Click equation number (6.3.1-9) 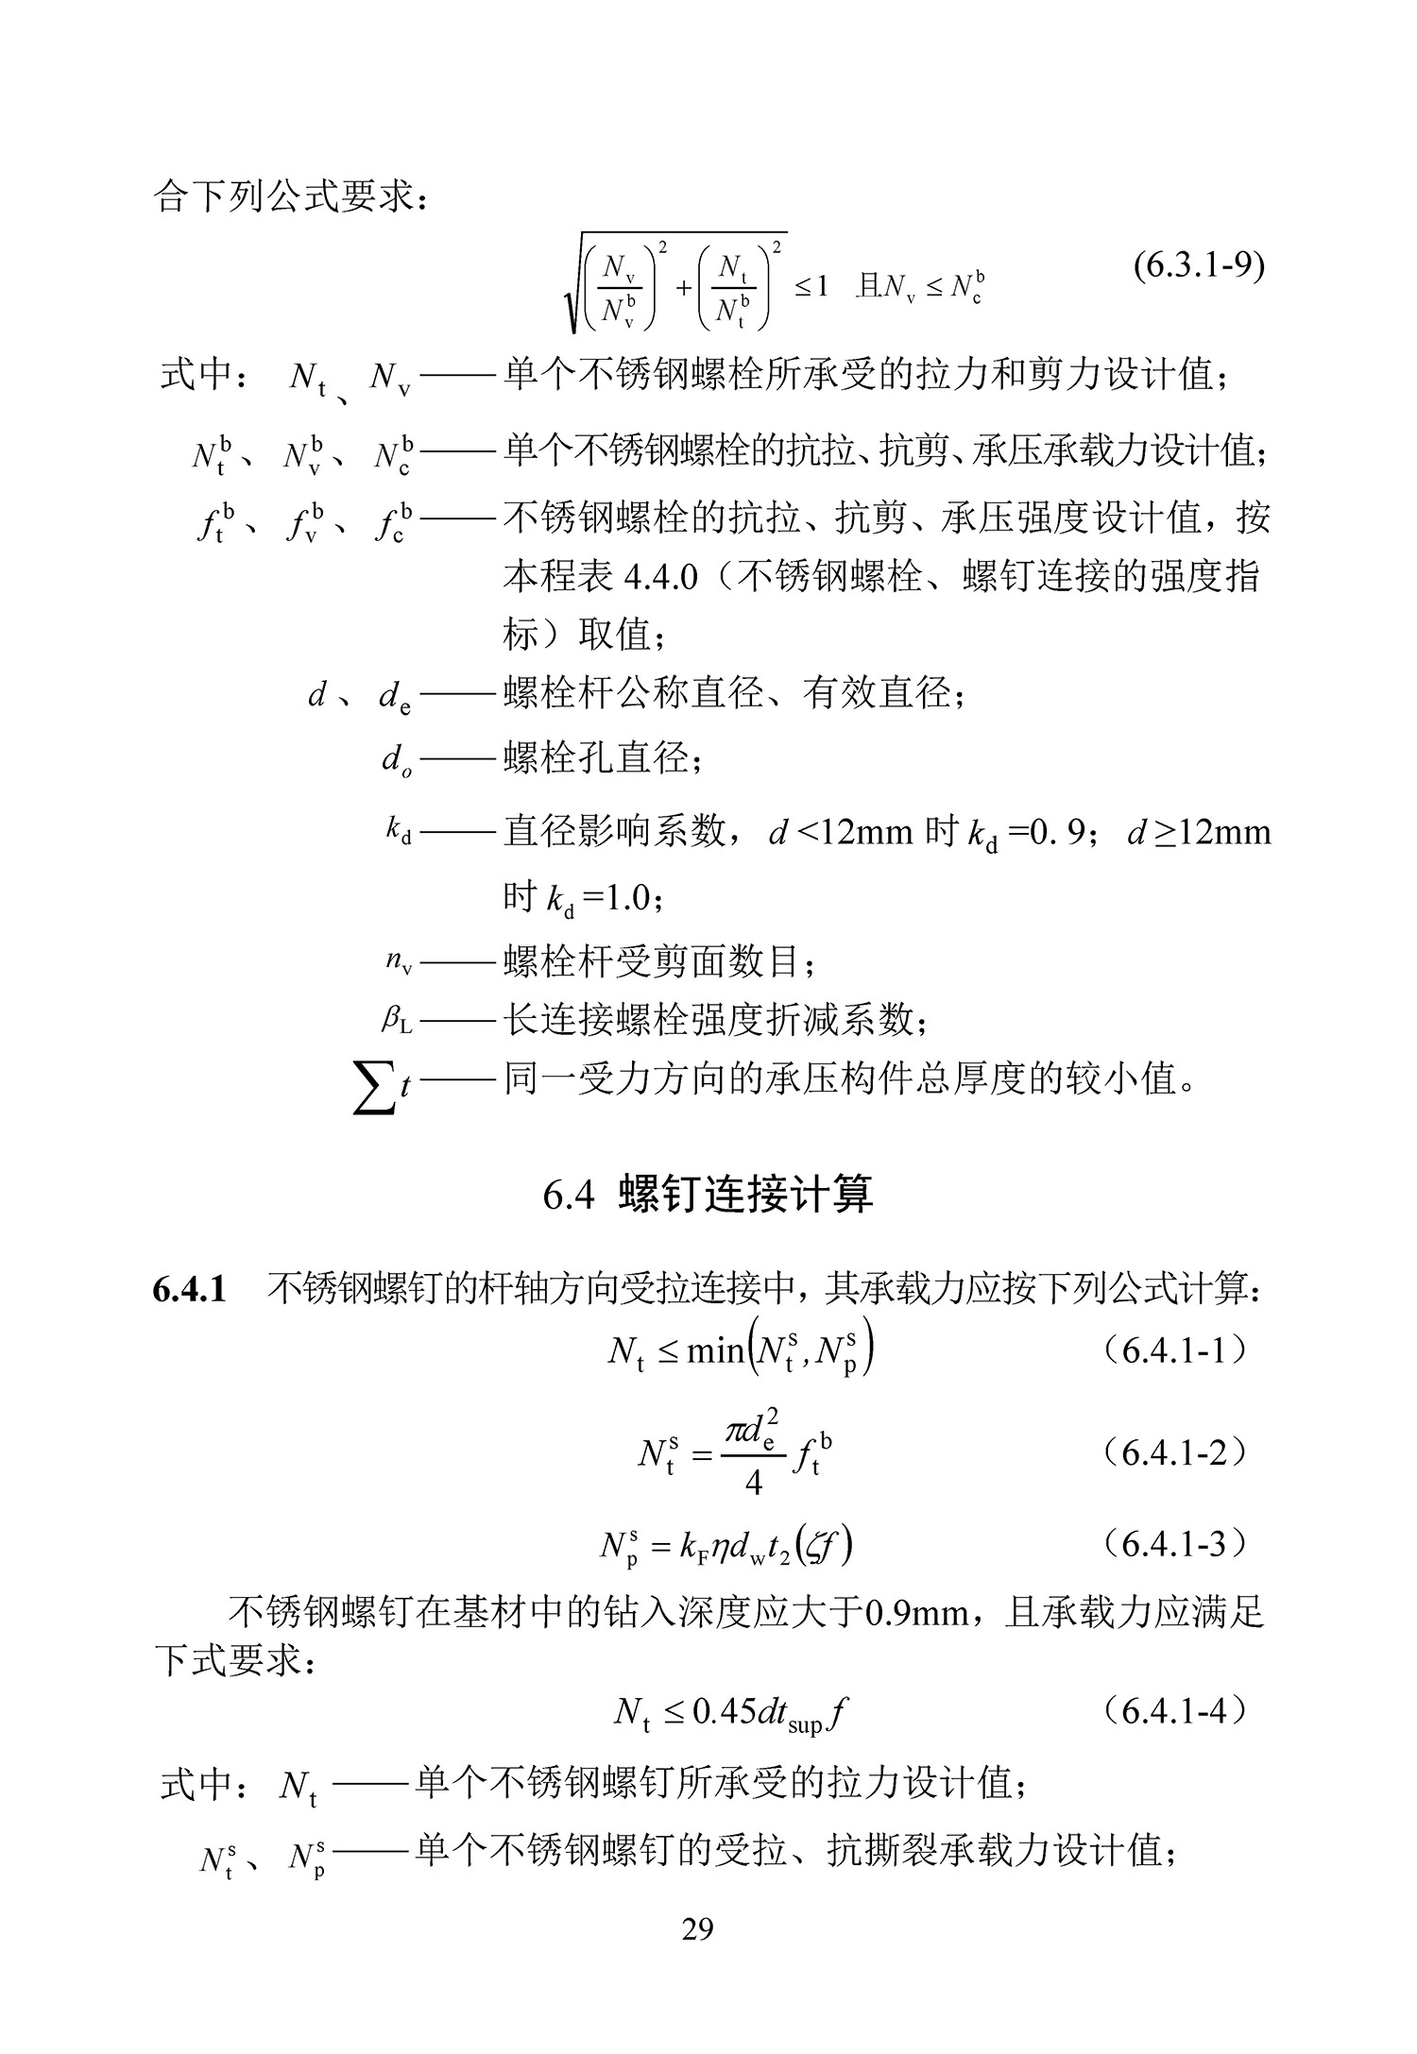(1198, 265)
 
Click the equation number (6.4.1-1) (1173, 1351)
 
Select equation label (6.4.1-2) (1173, 1453)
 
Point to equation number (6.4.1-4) (1173, 1710)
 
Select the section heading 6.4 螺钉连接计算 (708, 1195)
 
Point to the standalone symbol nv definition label (399, 961)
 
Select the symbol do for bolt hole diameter (396, 758)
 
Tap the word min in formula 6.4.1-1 (715, 1352)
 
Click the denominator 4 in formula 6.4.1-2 (753, 1483)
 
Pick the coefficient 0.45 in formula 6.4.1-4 (725, 1711)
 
